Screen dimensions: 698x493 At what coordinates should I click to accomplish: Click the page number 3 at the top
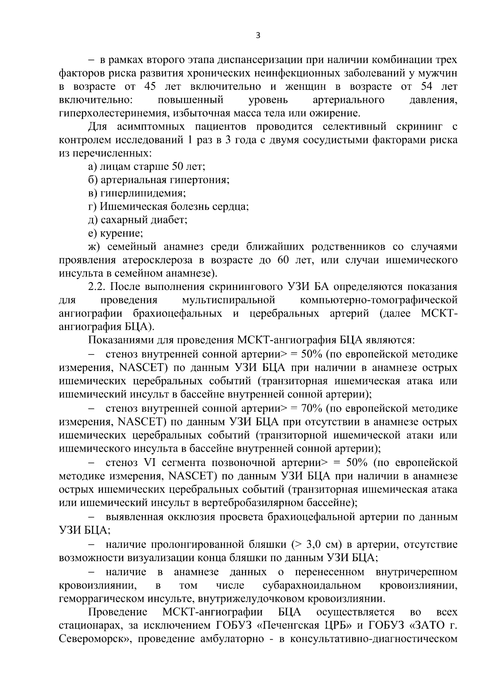(x=258, y=36)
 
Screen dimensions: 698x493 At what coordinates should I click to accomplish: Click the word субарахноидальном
(x=311, y=585)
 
